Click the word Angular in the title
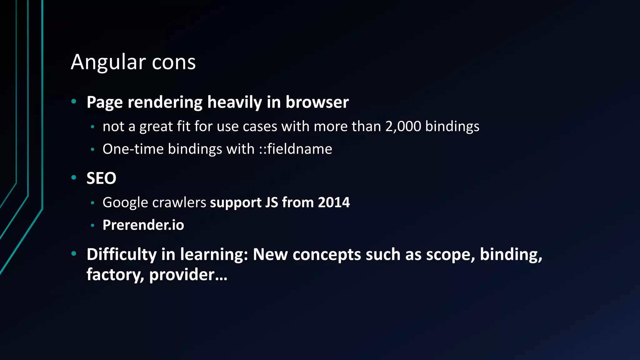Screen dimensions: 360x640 point(108,62)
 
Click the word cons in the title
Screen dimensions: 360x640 point(174,62)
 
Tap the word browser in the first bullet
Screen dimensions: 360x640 point(317,102)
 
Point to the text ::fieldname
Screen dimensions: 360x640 point(295,149)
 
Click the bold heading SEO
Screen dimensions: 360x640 point(101,178)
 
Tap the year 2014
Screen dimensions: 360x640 point(334,202)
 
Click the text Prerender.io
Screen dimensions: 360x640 point(143,225)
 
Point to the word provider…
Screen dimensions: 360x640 point(188,275)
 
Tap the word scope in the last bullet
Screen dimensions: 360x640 point(451,254)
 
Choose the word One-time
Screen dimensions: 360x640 point(133,149)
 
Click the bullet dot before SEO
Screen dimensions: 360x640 point(74,177)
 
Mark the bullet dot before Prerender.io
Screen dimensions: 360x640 point(92,225)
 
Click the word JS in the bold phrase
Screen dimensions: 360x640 point(272,202)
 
